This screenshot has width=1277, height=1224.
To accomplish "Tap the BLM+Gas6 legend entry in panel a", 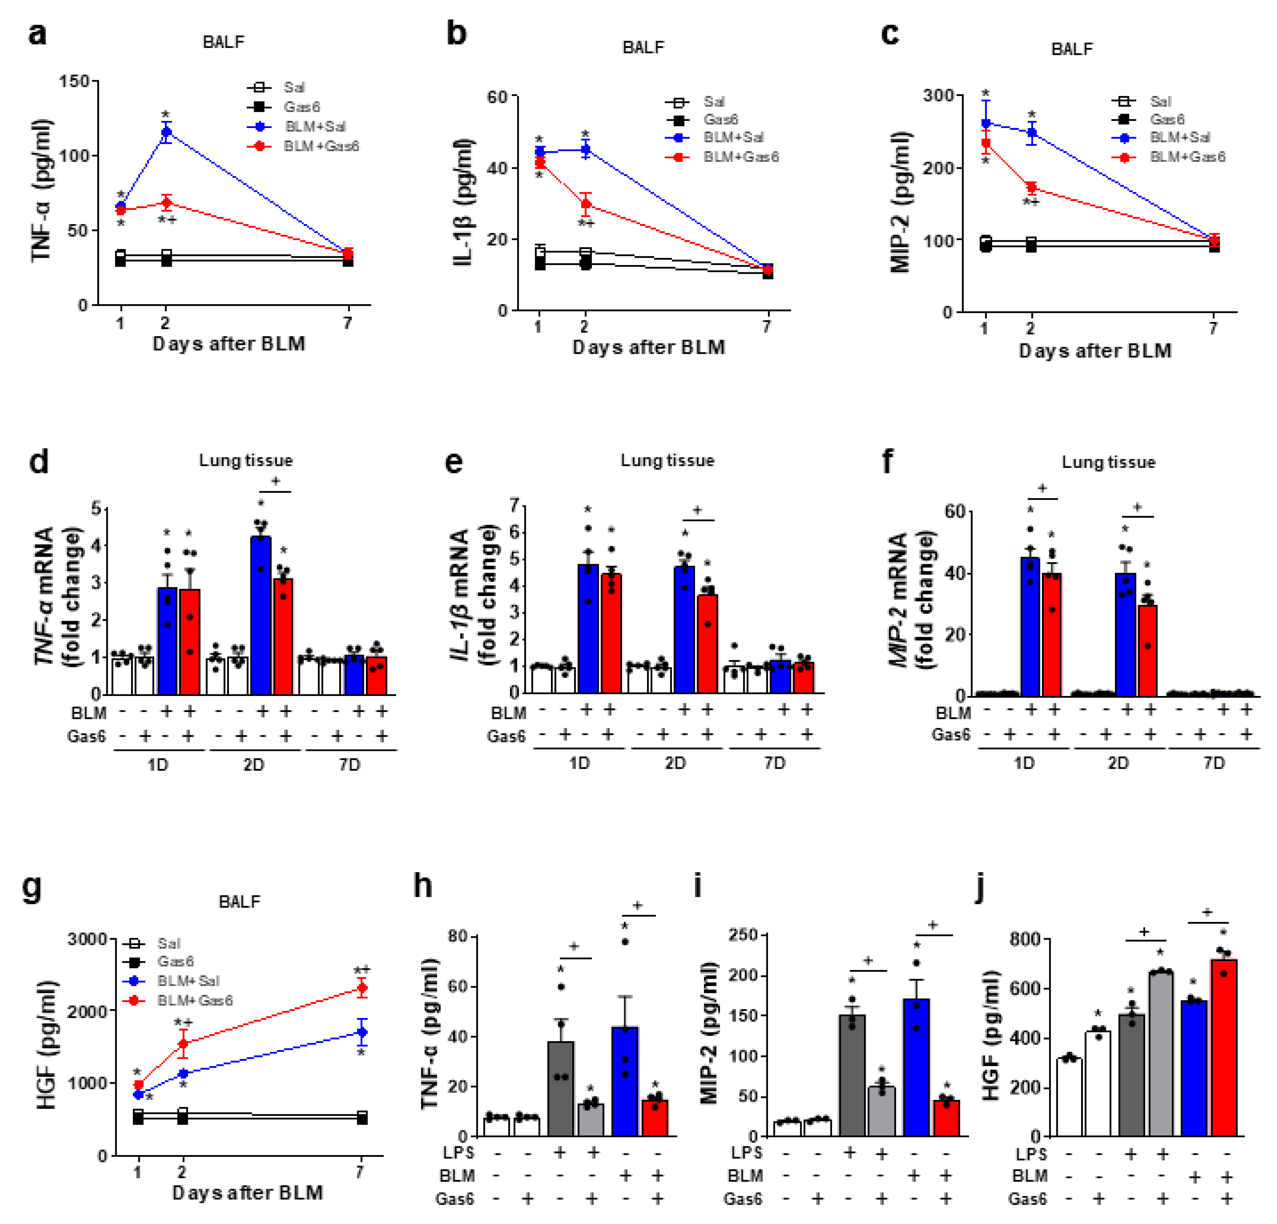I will click(x=320, y=146).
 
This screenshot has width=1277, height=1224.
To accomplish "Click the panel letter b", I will click(x=456, y=33).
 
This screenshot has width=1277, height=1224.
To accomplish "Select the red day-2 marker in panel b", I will click(x=586, y=204).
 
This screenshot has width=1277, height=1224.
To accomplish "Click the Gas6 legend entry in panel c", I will click(x=1166, y=119).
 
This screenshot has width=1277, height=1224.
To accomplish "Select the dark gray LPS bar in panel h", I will click(x=560, y=1089).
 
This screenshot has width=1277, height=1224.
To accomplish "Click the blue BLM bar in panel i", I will click(x=916, y=1068).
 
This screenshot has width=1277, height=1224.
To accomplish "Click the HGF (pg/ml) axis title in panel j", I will click(x=990, y=1036).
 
